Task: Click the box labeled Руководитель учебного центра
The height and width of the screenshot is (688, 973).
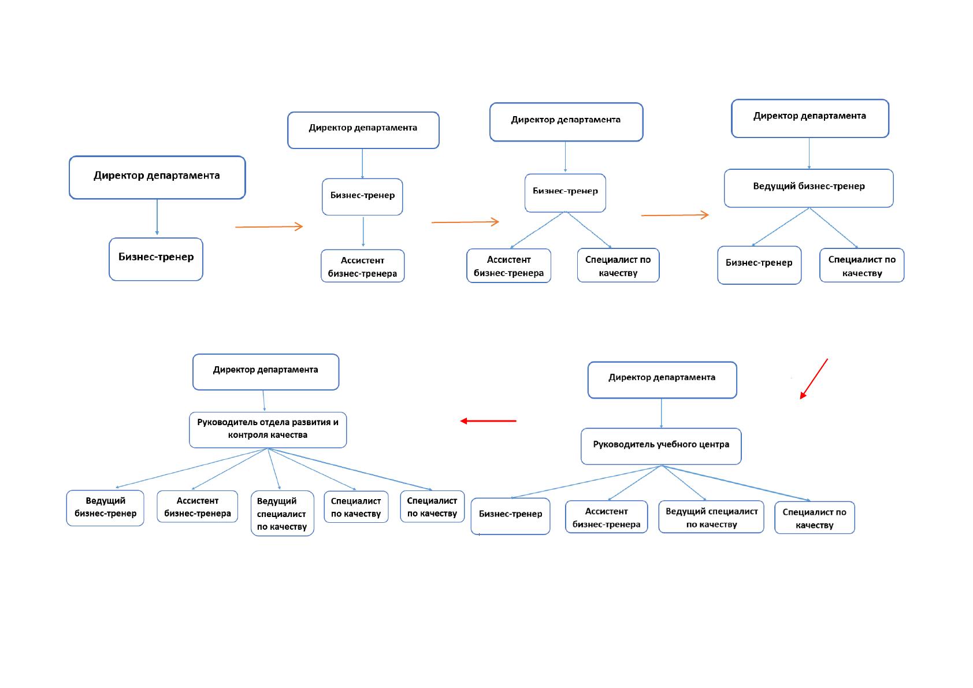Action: pos(660,446)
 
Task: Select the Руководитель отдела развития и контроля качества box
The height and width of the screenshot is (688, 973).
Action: pos(268,430)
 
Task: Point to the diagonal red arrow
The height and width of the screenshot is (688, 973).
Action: pos(814,378)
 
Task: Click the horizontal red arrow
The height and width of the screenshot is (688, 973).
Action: pos(488,421)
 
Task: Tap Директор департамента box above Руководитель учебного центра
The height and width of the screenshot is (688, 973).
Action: pos(662,380)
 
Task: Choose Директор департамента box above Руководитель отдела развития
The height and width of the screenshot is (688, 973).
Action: pos(265,372)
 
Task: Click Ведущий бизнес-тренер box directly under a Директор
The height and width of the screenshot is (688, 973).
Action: pos(808,188)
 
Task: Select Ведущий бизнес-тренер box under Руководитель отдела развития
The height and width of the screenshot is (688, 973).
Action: pos(105,508)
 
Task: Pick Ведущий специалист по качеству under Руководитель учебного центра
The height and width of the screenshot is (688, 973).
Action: pos(711,517)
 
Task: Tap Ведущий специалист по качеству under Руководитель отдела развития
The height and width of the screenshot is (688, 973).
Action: pos(283,513)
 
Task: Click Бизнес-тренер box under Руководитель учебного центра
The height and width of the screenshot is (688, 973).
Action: pos(510,516)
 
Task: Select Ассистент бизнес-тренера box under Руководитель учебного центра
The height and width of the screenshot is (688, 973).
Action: pos(606,517)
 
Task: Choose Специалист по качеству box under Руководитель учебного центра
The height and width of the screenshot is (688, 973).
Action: pos(815,518)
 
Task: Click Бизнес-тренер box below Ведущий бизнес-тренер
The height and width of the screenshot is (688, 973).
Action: pos(759,265)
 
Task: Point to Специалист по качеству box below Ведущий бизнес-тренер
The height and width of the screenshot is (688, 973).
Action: pos(861,265)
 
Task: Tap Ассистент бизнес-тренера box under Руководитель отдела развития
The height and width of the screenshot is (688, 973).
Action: pos(197,506)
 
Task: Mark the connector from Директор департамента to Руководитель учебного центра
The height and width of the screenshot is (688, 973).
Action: pos(661,413)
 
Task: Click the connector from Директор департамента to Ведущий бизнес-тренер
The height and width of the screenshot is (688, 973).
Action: pos(809,153)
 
